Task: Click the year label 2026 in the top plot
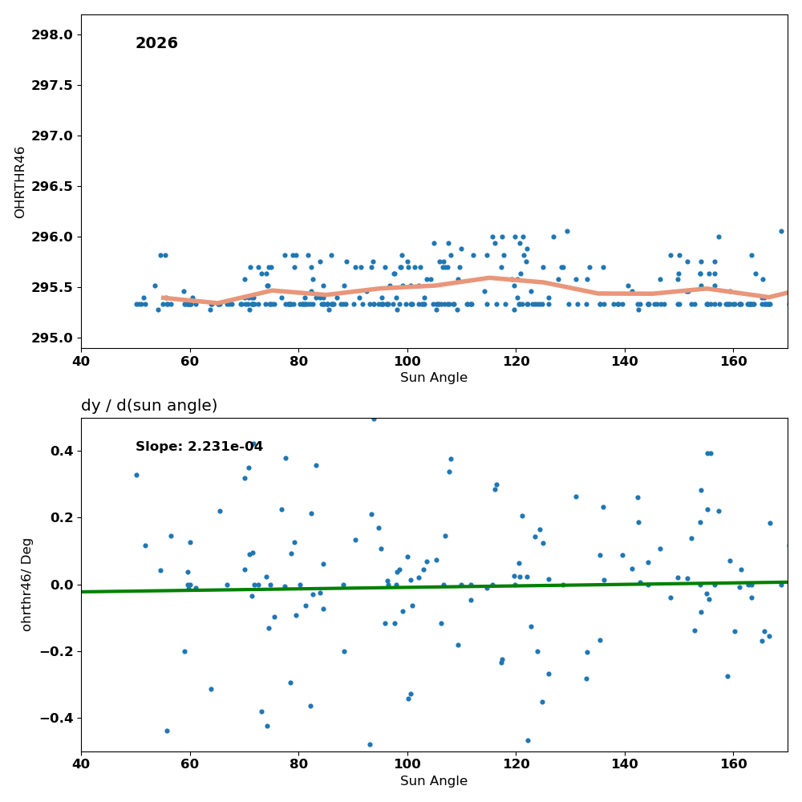pos(156,43)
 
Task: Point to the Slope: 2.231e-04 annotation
pos(199,447)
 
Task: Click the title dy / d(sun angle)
pos(149,406)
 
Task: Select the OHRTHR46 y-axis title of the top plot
pos(19,183)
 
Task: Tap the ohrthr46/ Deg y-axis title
pos(26,585)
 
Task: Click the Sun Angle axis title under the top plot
pos(434,378)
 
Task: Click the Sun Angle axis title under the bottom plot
pos(434,781)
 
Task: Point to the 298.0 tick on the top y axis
pos(52,35)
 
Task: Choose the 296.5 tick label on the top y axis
pos(52,187)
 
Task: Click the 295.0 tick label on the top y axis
pos(52,338)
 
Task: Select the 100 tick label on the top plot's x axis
pos(407,362)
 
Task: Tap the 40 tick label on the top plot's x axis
pos(81,362)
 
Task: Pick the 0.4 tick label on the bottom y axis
pos(63,451)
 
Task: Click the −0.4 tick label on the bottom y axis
pos(56,719)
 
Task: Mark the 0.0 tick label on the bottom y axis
pos(63,585)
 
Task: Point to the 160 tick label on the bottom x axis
pos(734,764)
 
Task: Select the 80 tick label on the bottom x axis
pos(298,764)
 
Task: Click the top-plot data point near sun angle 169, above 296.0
pos(781,231)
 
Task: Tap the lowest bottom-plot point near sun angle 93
pos(370,745)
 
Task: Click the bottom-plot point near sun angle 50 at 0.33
pos(136,475)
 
